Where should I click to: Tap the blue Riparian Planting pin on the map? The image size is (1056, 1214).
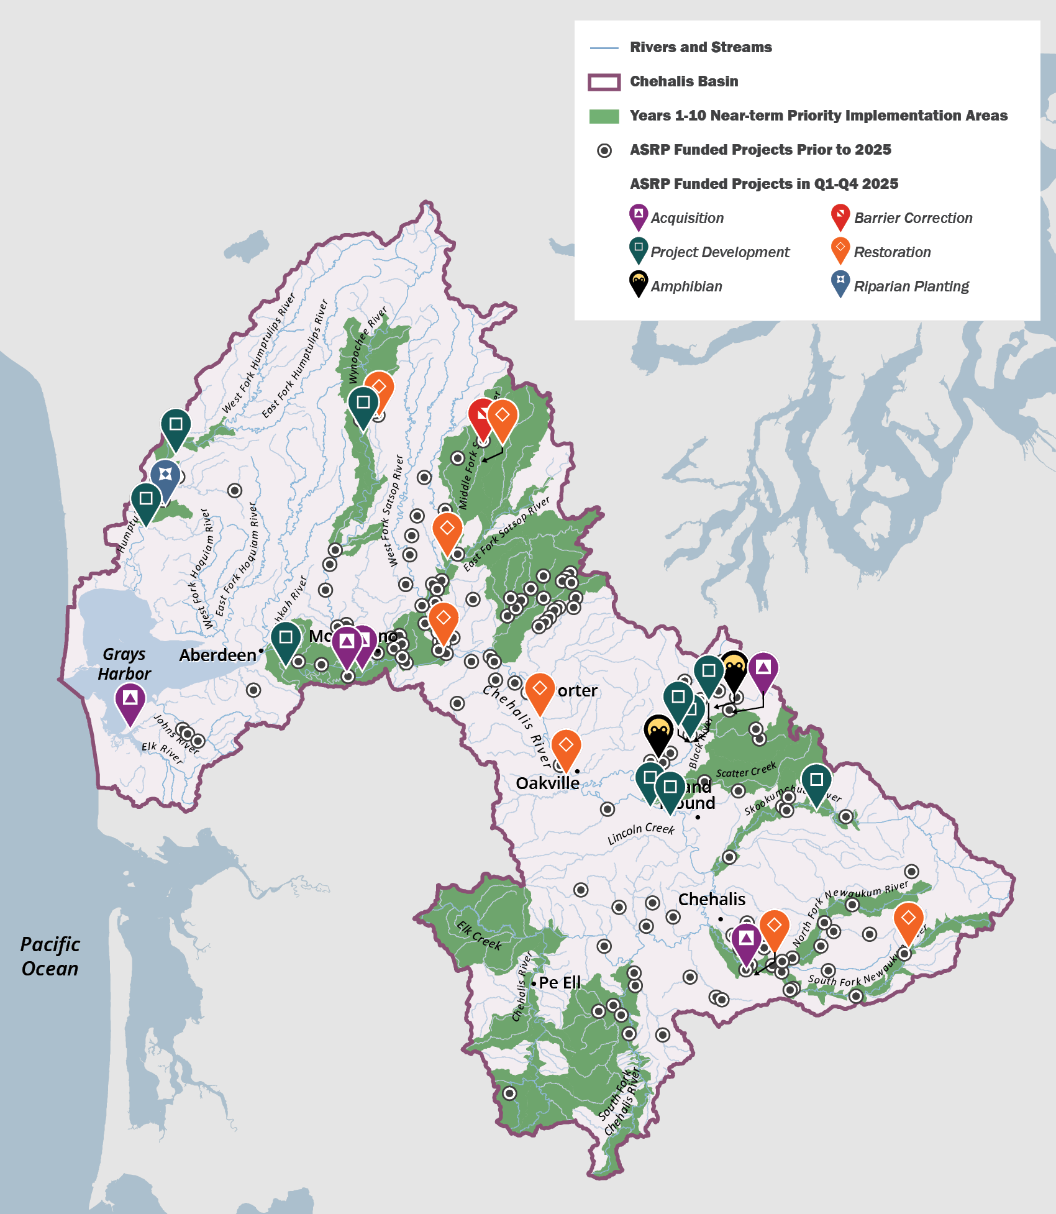coord(165,475)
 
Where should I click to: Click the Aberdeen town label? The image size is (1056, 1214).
coord(217,655)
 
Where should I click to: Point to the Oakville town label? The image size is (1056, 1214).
coord(547,783)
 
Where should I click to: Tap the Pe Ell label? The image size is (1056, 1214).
coord(560,982)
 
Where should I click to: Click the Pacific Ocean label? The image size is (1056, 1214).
coord(50,956)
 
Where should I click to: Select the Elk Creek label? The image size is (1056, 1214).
coord(479,936)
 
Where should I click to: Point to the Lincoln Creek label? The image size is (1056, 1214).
coord(640,833)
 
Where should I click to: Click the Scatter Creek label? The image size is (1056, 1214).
coord(746,770)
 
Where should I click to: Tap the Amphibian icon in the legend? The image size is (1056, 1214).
coord(639,283)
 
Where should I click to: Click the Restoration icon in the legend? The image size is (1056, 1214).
coord(840,249)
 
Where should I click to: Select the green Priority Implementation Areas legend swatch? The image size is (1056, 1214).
coord(604,116)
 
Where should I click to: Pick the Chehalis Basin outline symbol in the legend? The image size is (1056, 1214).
coord(604,82)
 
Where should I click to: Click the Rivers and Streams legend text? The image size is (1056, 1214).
coord(701,47)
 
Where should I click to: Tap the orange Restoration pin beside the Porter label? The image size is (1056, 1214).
coord(540,690)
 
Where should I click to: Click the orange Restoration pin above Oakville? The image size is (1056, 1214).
coord(566,747)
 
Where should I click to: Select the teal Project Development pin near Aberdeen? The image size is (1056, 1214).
coord(286,639)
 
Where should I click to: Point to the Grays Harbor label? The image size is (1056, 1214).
coord(124,664)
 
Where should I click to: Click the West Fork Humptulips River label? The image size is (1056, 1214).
coord(259,354)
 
